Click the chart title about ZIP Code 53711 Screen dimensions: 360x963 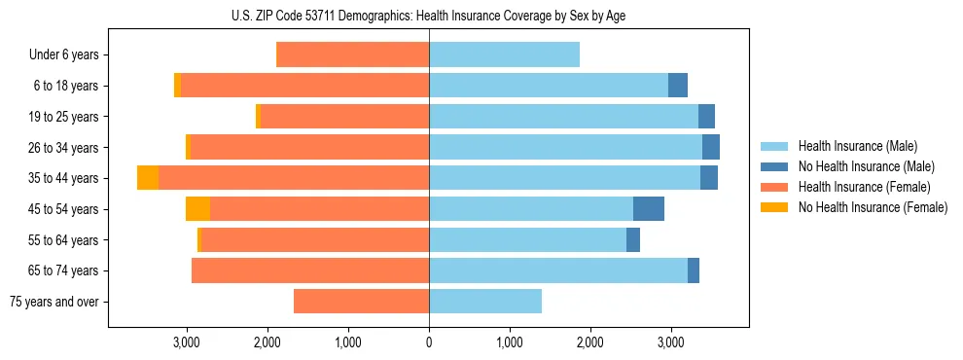click(x=429, y=15)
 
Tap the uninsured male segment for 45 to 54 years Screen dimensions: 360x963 click(x=649, y=209)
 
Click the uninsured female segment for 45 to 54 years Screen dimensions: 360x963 click(x=197, y=209)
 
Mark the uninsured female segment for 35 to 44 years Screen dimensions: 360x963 click(x=148, y=178)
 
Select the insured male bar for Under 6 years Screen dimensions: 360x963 click(x=504, y=55)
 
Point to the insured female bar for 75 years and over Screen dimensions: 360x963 click(x=361, y=302)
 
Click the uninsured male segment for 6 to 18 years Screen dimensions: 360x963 click(x=678, y=86)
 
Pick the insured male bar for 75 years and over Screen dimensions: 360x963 click(x=485, y=302)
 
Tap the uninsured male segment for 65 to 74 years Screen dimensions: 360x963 click(x=694, y=270)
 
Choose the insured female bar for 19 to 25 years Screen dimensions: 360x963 click(x=344, y=117)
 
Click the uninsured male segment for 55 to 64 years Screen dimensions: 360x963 click(x=633, y=239)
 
